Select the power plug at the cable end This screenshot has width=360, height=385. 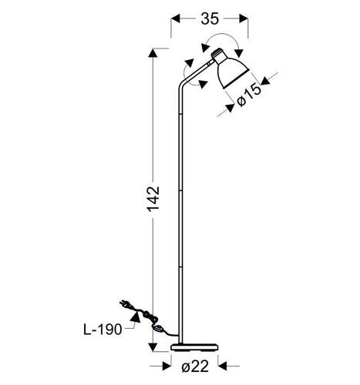point(126,304)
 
